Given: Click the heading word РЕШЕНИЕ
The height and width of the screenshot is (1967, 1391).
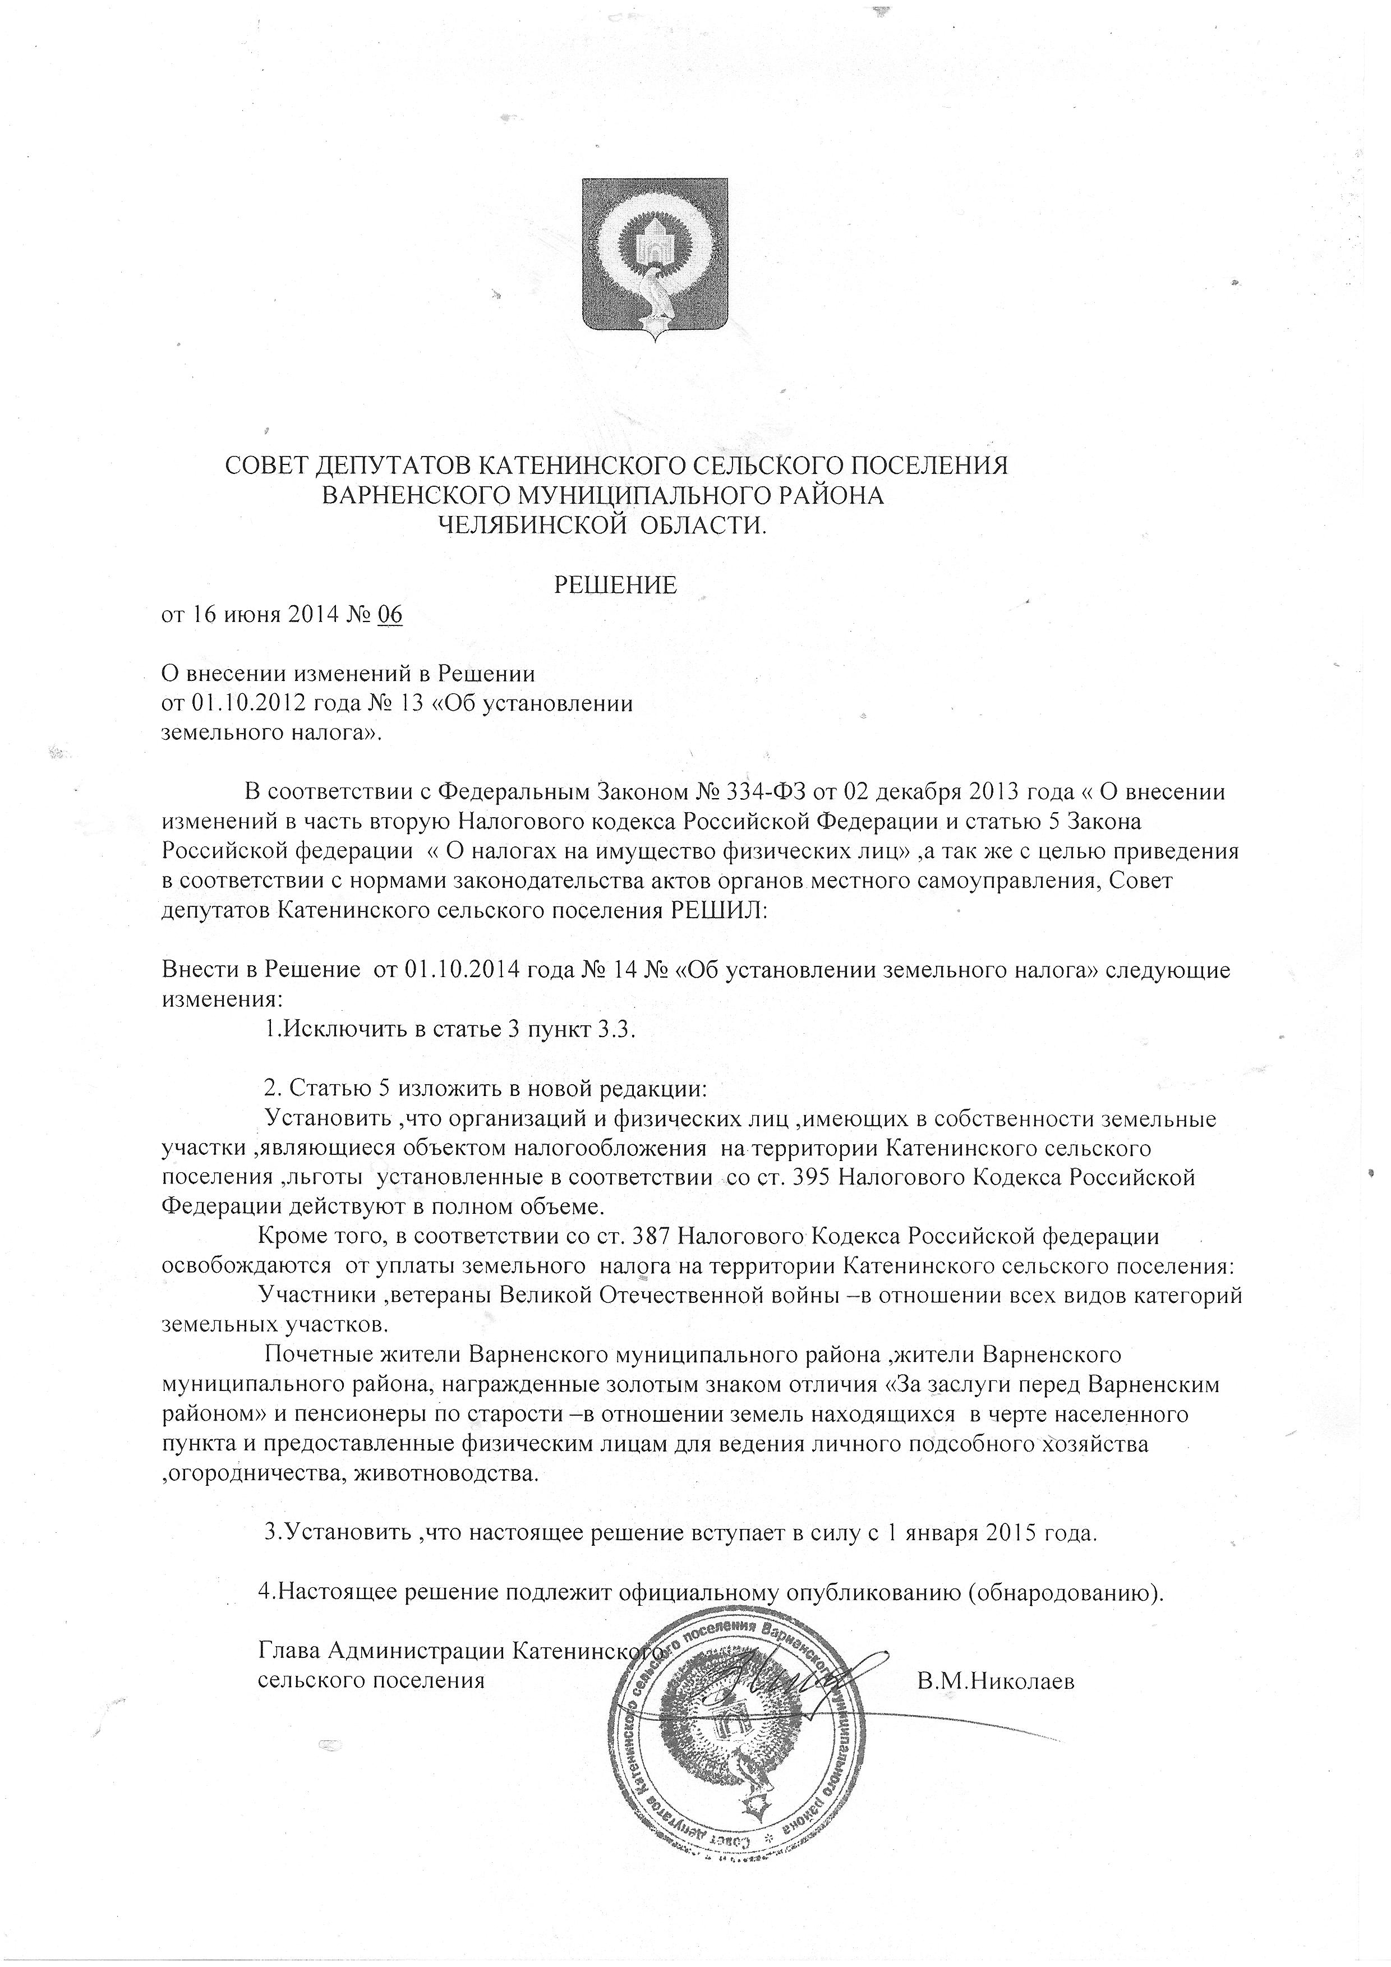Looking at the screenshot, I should coord(616,584).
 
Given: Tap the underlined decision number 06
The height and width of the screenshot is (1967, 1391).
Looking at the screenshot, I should coord(390,616).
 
